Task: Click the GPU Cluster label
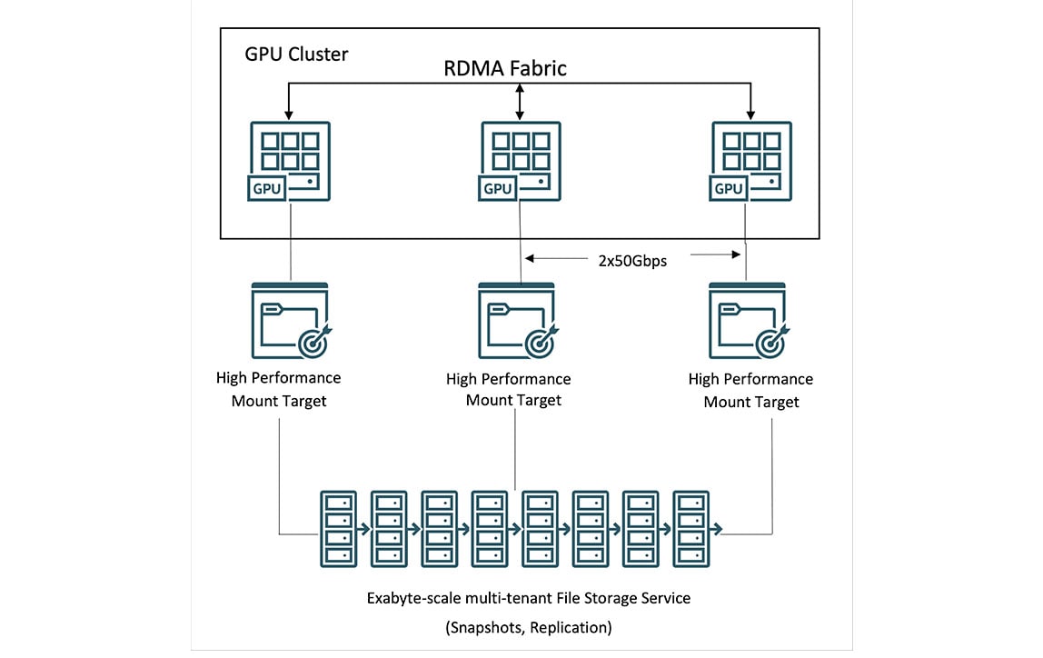pyautogui.click(x=296, y=54)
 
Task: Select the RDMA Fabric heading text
pyautogui.click(x=505, y=68)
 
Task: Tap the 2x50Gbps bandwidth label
pyautogui.click(x=632, y=261)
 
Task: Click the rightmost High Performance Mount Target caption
pyautogui.click(x=750, y=389)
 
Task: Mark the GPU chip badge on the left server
pyautogui.click(x=267, y=188)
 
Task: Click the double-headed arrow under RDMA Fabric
pyautogui.click(x=520, y=100)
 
